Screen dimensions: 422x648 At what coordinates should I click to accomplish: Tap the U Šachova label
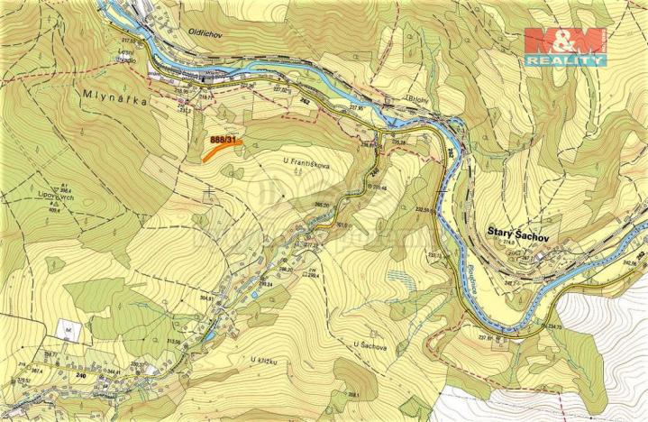(x=370, y=344)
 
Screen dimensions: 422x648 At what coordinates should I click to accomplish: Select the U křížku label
(x=265, y=360)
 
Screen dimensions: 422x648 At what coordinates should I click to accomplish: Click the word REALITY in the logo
(x=564, y=60)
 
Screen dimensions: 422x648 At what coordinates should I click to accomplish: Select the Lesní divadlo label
(x=132, y=55)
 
